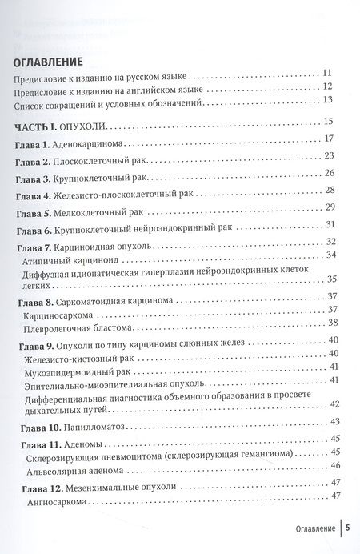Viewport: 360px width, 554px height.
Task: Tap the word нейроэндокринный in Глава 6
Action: click(x=172, y=229)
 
